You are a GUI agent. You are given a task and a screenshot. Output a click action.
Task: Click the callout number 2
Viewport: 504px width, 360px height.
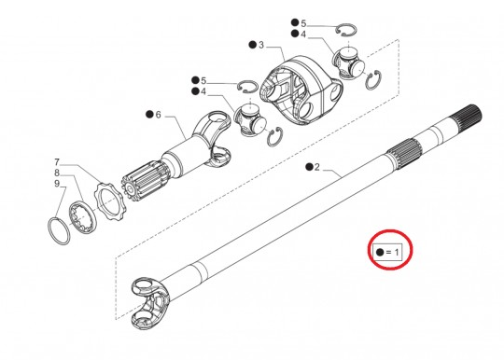(x=316, y=168)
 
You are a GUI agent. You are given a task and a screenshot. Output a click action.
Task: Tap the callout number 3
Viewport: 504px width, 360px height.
(x=261, y=45)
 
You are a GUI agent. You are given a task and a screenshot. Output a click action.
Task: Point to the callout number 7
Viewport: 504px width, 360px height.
(x=57, y=161)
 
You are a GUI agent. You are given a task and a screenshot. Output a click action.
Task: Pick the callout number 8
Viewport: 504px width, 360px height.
(x=57, y=173)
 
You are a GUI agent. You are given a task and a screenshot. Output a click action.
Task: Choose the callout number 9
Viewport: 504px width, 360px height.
(x=57, y=186)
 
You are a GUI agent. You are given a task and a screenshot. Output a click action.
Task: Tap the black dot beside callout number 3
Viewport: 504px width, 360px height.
(x=251, y=45)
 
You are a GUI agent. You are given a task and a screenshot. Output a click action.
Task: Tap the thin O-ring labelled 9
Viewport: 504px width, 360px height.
(x=59, y=228)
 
